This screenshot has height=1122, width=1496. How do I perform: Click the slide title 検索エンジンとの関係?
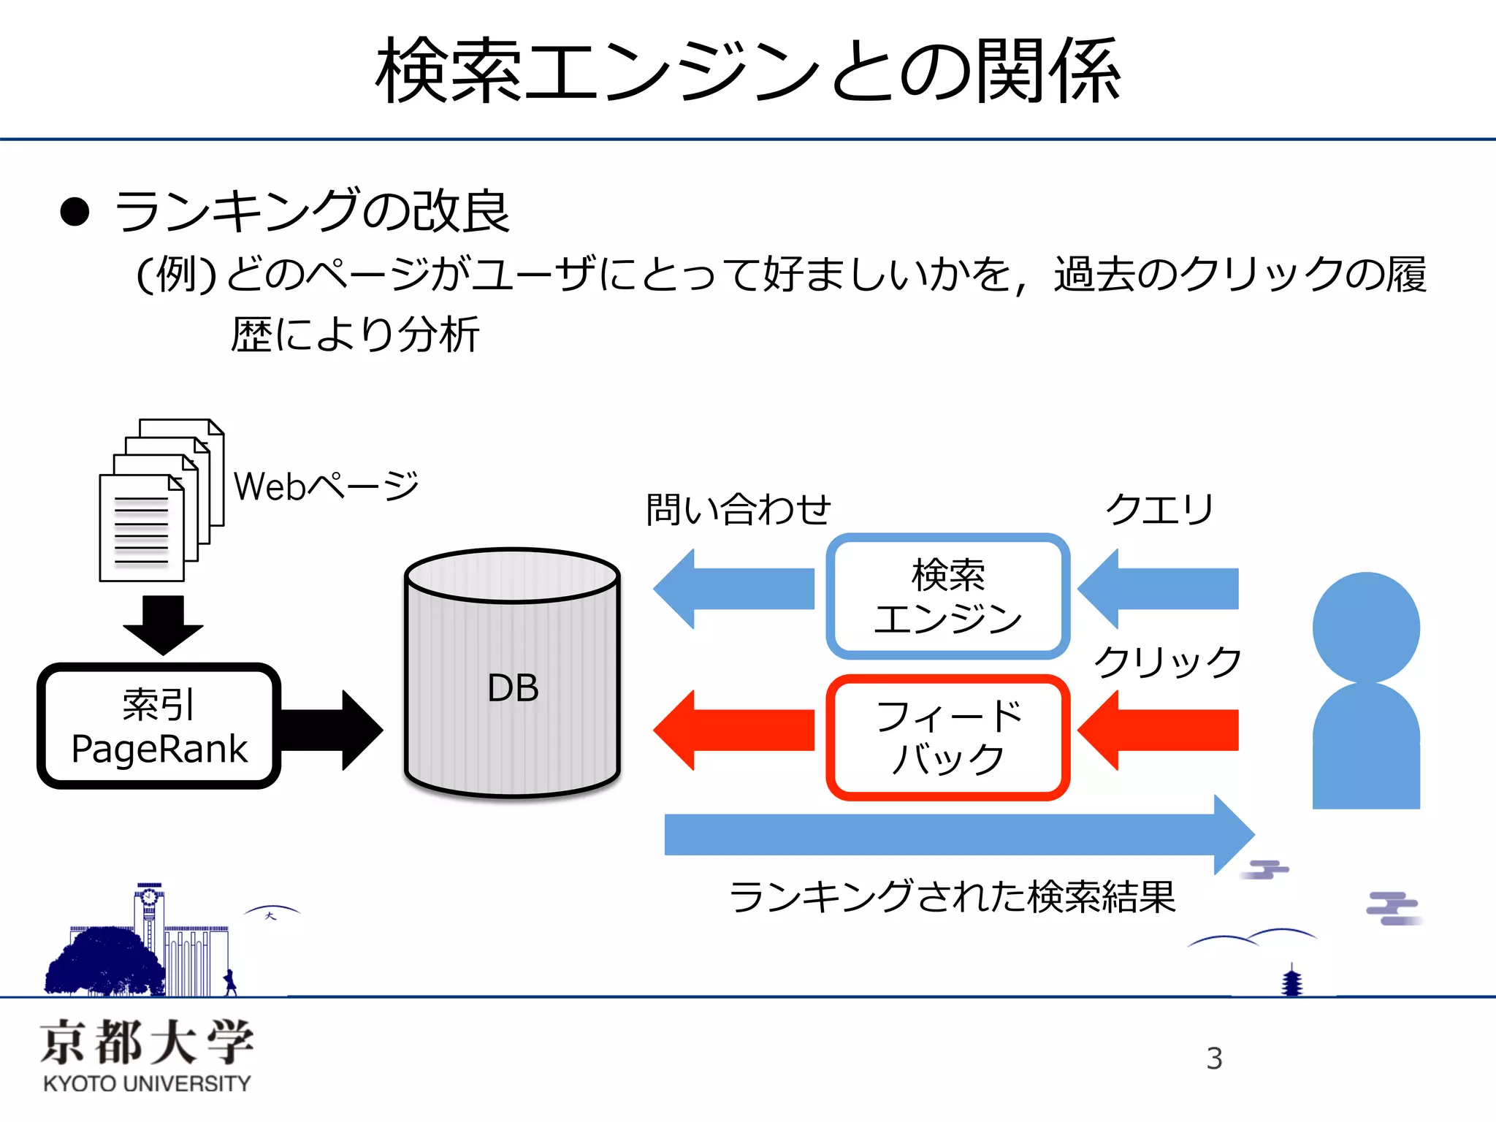(747, 71)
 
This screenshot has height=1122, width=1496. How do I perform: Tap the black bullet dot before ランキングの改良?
(75, 213)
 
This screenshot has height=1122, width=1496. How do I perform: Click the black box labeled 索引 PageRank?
(159, 726)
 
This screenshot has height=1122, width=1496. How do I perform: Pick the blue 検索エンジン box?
(947, 595)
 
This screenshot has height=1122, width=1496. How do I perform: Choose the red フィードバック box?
(947, 736)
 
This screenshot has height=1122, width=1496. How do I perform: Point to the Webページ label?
(326, 486)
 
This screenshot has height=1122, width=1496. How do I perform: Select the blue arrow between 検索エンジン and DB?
(734, 589)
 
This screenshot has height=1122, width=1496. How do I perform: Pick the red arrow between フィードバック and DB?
(734, 730)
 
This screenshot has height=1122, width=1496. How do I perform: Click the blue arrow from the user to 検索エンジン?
(1159, 589)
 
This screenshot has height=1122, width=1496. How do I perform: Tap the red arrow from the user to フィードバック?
(1159, 730)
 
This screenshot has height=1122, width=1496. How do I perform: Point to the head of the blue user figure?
(1365, 627)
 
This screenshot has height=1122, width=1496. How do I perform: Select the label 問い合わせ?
(738, 509)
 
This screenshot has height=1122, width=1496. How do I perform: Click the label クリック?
(1167, 662)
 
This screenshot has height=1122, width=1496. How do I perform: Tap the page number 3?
(1214, 1058)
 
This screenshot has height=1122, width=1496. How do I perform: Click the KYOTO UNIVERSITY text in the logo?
(147, 1083)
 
